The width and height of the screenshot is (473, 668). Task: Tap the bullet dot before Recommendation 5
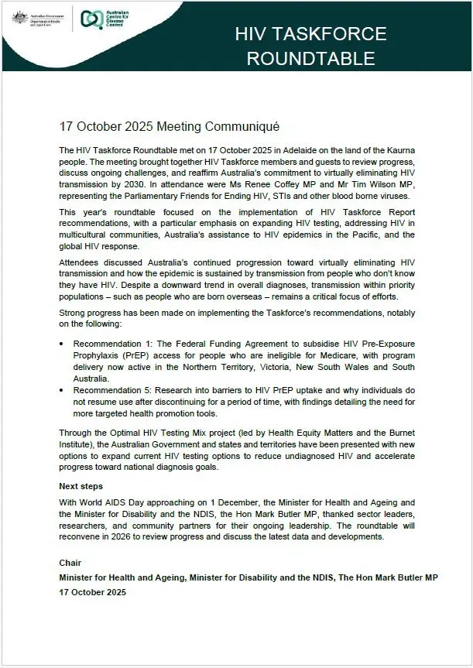click(63, 391)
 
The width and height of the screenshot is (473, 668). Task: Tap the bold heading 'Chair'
click(70, 563)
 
